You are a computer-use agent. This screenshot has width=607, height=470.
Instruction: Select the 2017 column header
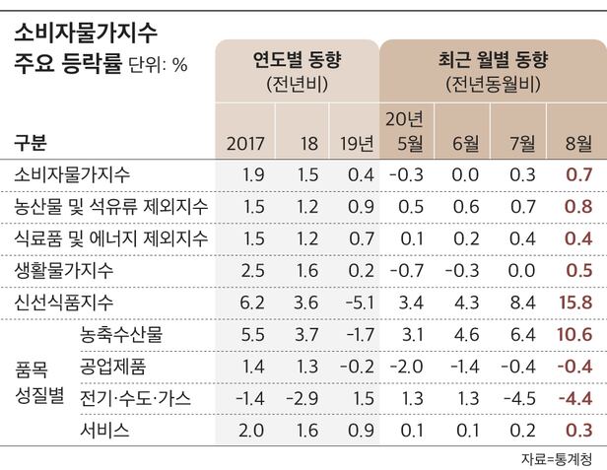click(245, 144)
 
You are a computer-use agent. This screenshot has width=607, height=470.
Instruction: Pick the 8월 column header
click(577, 144)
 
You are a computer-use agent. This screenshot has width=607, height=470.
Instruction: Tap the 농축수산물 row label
click(121, 335)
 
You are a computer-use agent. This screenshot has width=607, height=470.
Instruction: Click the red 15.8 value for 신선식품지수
click(573, 302)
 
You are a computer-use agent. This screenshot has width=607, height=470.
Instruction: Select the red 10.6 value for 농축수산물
click(573, 335)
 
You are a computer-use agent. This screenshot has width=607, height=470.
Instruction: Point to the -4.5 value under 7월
click(519, 398)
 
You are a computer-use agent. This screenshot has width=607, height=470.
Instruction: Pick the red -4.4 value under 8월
click(573, 398)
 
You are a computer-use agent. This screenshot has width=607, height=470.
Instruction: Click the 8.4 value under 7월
click(523, 302)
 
